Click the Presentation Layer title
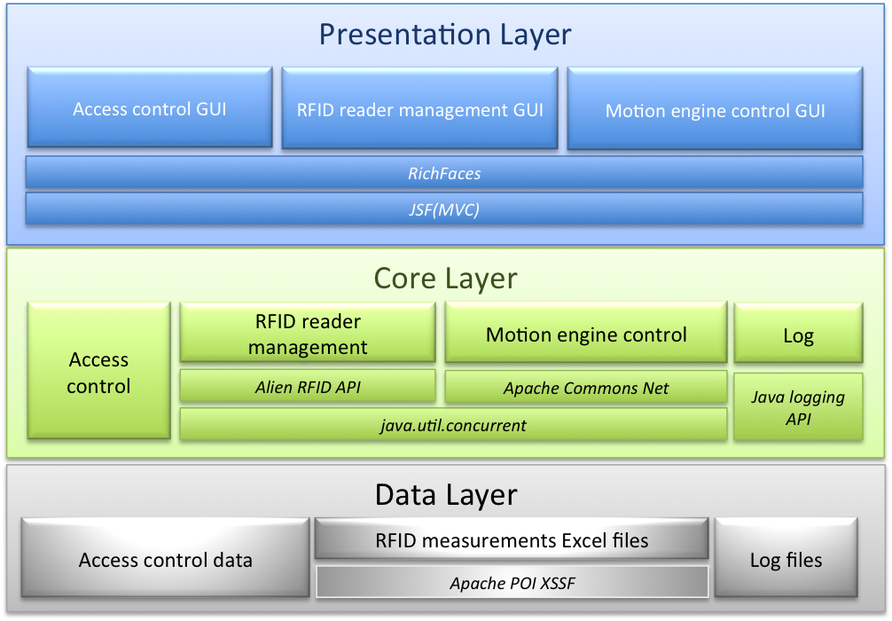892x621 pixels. (x=445, y=35)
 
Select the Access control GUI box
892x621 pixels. (x=150, y=107)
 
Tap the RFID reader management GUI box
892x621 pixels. (x=419, y=108)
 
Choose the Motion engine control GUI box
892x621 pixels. (x=715, y=109)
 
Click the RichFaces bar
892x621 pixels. (x=444, y=172)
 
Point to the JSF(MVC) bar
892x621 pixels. (x=444, y=208)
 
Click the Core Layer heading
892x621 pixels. (x=445, y=279)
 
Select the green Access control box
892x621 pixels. (x=99, y=371)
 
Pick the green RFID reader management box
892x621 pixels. (x=308, y=333)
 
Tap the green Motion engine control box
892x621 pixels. (x=586, y=333)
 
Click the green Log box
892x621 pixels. (x=798, y=333)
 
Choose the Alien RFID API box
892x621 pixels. (x=308, y=387)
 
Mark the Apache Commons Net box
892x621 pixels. (x=586, y=387)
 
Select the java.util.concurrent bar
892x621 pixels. (x=453, y=425)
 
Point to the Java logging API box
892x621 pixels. (x=798, y=407)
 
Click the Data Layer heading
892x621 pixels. (x=446, y=495)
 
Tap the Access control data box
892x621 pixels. (x=166, y=558)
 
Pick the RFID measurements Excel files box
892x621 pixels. (x=512, y=538)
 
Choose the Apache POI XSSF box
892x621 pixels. (x=513, y=582)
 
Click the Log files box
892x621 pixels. (x=786, y=558)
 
